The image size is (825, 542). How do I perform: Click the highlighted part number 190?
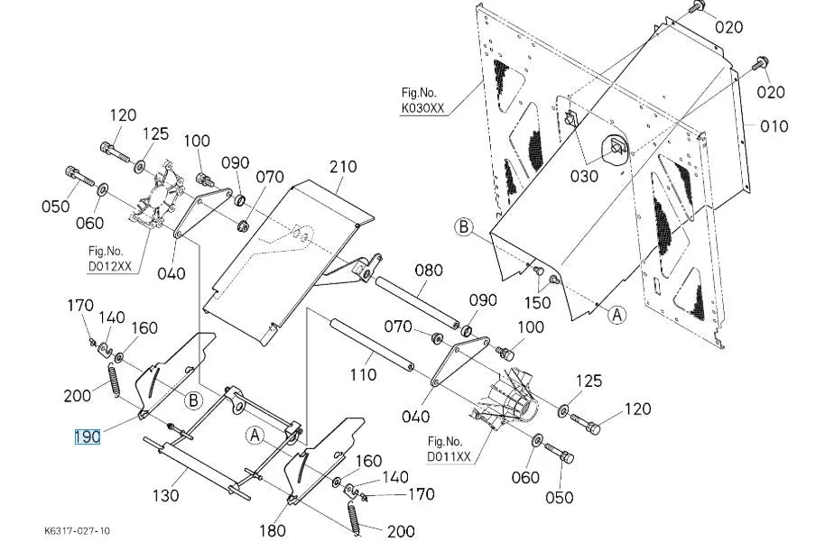pos(88,436)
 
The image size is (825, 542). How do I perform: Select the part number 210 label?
pos(343,167)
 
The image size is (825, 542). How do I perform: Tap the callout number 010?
pos(774,126)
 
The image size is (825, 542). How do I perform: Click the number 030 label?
pos(584,176)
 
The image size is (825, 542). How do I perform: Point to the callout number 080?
pos(429,271)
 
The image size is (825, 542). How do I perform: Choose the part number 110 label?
pos(364,375)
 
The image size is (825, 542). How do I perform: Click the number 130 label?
pos(166,495)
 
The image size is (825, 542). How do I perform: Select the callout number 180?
pos(273,530)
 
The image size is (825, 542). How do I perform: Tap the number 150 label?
pos(537,303)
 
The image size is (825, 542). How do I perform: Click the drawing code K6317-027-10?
pos(78,530)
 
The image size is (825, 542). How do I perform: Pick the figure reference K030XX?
pos(423,108)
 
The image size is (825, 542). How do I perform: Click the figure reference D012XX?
pos(109,266)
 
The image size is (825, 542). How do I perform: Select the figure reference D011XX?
pos(449,456)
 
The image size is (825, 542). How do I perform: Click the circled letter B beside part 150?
pos(464,227)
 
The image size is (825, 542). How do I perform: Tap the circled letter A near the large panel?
pos(617,315)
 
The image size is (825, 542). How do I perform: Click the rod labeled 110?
pos(372,344)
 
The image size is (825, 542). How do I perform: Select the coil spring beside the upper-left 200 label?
pos(114,379)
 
